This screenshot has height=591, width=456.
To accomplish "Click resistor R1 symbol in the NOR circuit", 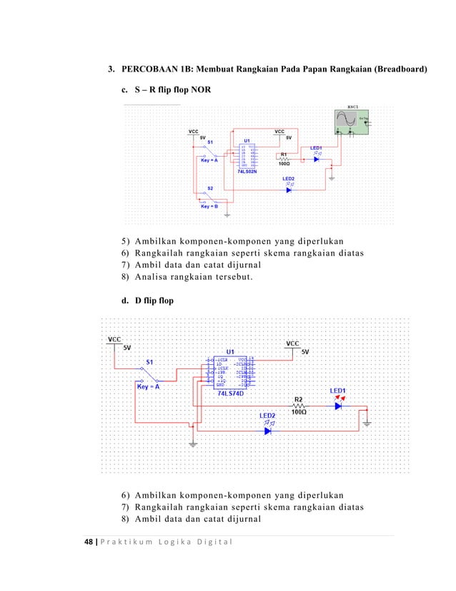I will click(x=284, y=160).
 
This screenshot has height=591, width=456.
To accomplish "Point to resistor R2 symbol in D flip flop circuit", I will click(x=299, y=405).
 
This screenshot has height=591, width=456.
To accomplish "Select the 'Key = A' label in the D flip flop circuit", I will click(x=148, y=386).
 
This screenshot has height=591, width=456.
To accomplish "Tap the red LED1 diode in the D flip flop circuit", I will click(x=338, y=405).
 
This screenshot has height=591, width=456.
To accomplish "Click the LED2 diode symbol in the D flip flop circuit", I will click(x=268, y=431).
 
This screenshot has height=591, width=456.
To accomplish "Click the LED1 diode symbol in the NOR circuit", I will click(x=315, y=160).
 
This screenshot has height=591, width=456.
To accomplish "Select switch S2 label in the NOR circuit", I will click(x=210, y=188).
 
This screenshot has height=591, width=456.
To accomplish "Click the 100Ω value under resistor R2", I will click(x=299, y=412).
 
